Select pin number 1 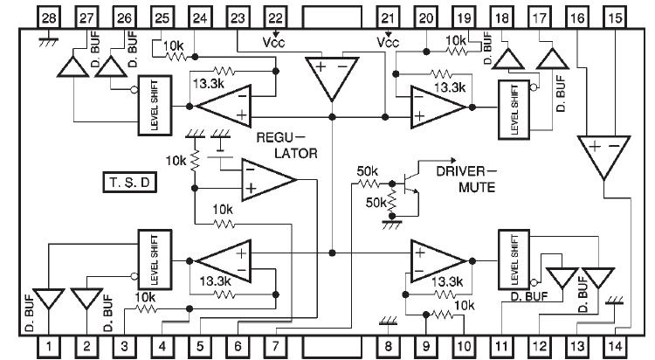(x=49, y=347)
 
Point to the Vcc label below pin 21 (x=388, y=41)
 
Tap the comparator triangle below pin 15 (x=603, y=154)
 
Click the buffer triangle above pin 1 (x=48, y=299)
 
